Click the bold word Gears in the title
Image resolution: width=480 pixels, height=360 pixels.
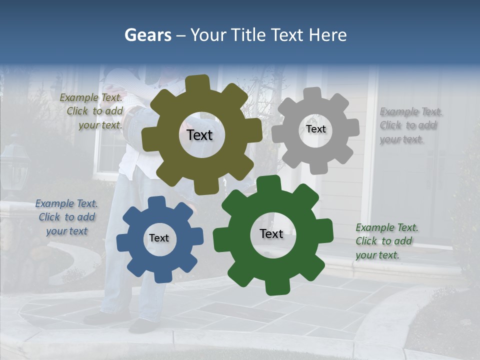[x=148, y=35]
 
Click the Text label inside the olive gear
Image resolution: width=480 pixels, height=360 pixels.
[x=199, y=135]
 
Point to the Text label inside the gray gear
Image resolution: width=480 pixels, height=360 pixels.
[x=315, y=129]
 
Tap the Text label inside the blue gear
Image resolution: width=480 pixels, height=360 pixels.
[x=159, y=238]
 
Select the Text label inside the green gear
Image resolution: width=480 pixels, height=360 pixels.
[x=271, y=233]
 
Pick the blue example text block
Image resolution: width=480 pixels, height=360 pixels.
[x=66, y=217]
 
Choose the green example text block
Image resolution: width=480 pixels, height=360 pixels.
[x=386, y=241]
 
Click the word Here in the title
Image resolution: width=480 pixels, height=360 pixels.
[x=328, y=35]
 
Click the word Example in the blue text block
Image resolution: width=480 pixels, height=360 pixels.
[x=54, y=203]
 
